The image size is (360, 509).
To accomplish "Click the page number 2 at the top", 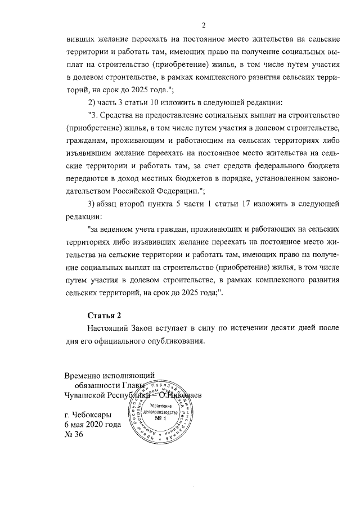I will click(x=204, y=25).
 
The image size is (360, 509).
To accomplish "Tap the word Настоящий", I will click(x=109, y=327).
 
